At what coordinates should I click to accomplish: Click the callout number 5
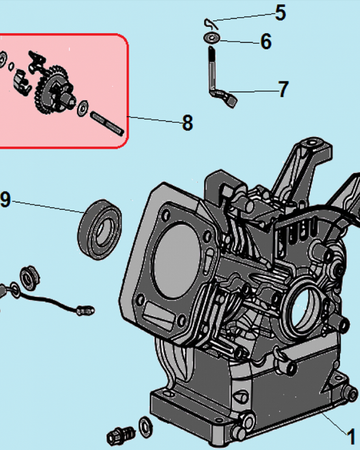point(280,13)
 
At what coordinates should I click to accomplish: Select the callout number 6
point(266,41)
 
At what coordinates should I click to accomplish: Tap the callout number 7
point(283,89)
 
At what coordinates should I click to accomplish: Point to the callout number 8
point(188,123)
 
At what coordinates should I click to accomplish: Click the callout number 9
point(5,199)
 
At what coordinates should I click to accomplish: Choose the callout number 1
point(351,437)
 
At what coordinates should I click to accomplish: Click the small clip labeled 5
point(211,23)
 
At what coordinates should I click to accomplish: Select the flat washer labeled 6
point(212,38)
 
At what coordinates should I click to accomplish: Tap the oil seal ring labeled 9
point(99,229)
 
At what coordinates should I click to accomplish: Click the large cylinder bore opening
point(176,260)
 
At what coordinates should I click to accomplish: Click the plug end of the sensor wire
point(85,311)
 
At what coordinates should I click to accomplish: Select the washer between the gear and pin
point(83,108)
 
